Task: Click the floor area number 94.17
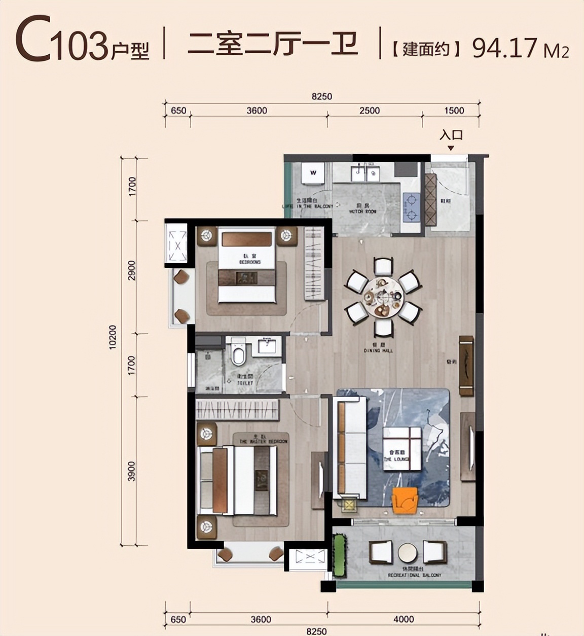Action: click(504, 48)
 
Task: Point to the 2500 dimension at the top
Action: click(370, 111)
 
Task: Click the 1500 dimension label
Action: click(454, 111)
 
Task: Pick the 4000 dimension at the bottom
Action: click(404, 619)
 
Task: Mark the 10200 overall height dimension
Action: click(113, 336)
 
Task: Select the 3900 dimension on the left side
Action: click(132, 471)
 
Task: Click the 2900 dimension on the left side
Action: click(132, 271)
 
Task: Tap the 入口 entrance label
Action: click(451, 135)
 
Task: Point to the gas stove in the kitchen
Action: click(411, 208)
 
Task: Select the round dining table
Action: click(383, 297)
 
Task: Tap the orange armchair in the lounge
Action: click(405, 499)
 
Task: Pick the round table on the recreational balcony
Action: click(408, 552)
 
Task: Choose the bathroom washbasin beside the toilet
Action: click(267, 346)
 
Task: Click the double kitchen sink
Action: click(364, 174)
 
